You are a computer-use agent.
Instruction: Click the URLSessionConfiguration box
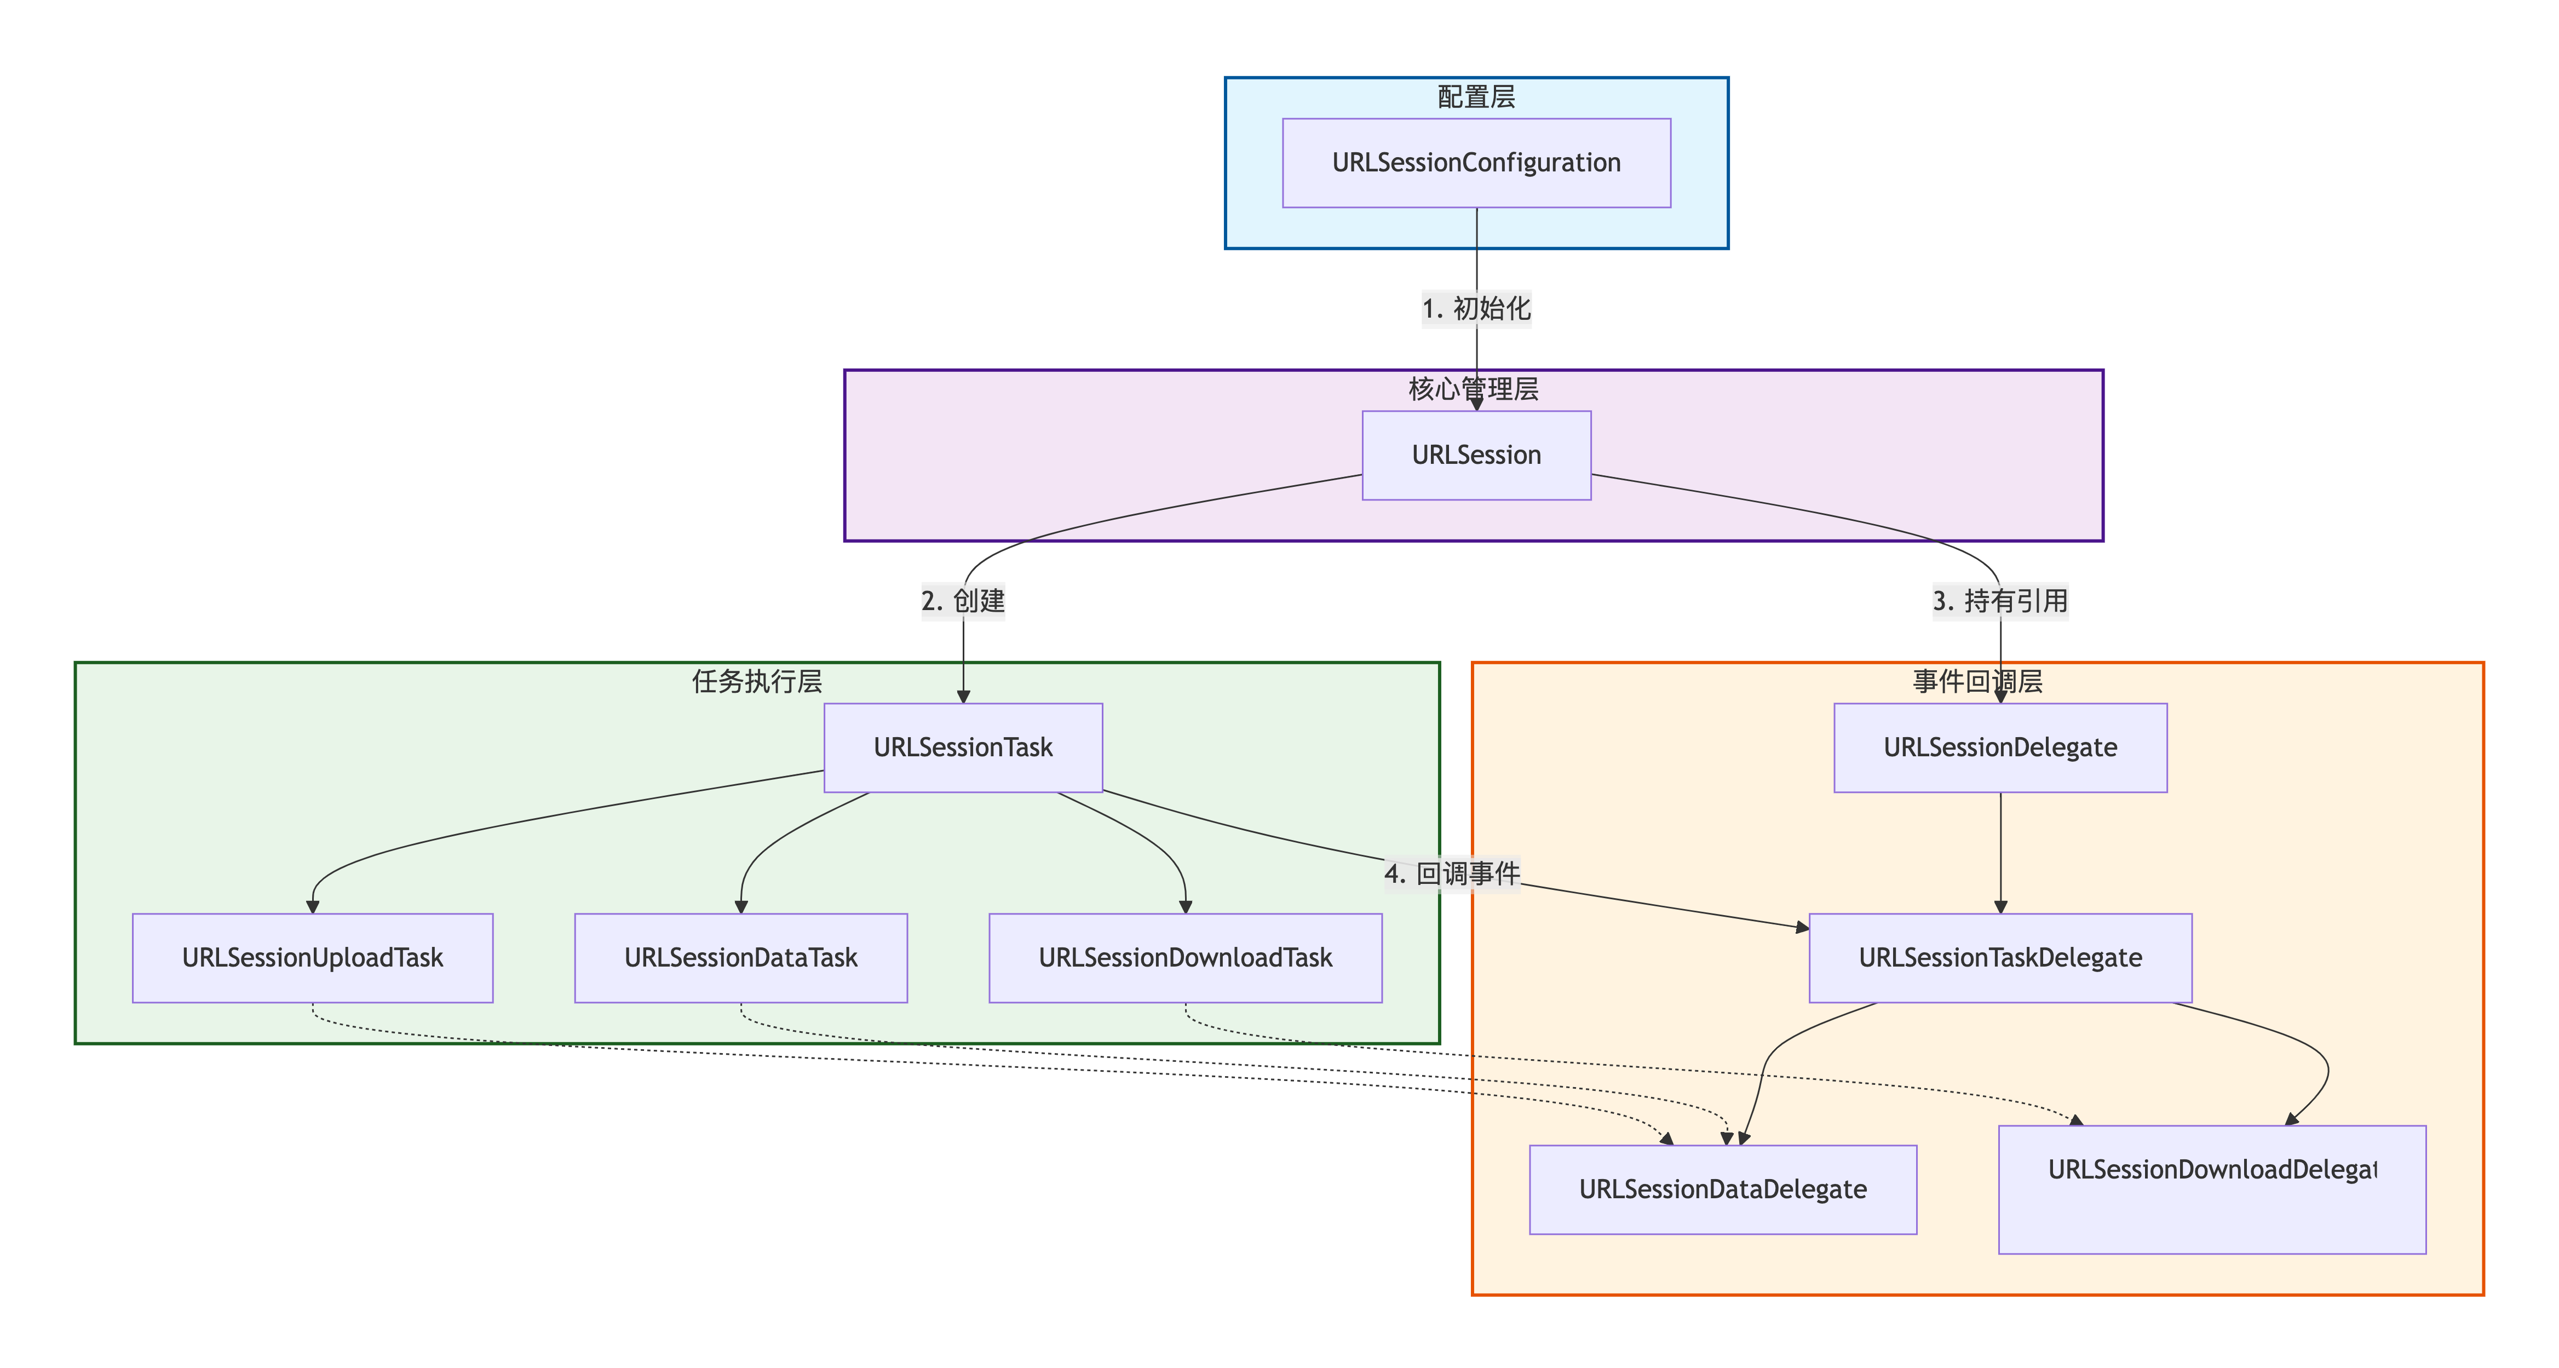click(x=1476, y=163)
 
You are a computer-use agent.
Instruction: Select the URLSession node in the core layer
click(x=1476, y=455)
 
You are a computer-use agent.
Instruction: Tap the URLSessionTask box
click(x=963, y=747)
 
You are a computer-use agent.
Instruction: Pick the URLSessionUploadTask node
click(x=312, y=958)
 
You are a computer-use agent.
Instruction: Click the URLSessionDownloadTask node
click(x=1185, y=958)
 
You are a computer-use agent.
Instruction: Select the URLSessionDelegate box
click(x=2000, y=747)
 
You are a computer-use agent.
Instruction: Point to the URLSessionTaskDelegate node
click(x=2000, y=958)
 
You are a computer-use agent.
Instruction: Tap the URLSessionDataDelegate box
click(x=1723, y=1189)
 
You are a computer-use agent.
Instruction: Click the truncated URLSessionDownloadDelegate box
click(x=2211, y=1189)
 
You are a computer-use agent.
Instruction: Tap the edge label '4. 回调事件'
click(x=1451, y=874)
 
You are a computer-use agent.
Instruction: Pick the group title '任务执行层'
click(x=757, y=681)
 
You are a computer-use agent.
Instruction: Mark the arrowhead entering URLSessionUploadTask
click(x=312, y=906)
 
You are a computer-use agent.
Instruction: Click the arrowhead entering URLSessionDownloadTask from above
click(x=1185, y=906)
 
